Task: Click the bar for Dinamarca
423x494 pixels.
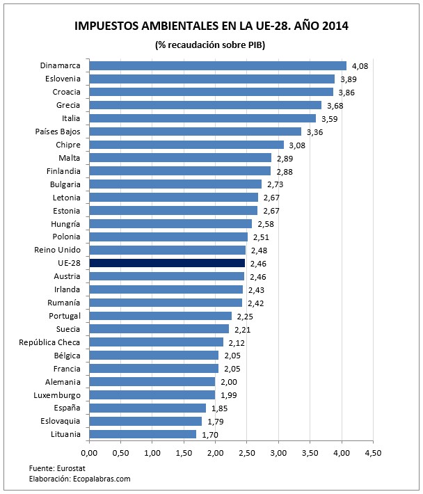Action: click(217, 65)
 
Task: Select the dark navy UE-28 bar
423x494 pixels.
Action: click(166, 263)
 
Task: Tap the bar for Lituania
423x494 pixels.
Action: click(143, 433)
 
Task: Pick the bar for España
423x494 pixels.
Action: click(147, 408)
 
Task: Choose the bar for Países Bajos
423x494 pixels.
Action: click(195, 132)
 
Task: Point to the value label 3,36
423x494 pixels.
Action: click(314, 132)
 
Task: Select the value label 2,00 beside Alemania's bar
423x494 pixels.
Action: click(229, 382)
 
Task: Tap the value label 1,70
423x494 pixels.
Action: click(209, 434)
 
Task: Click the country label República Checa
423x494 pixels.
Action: click(49, 342)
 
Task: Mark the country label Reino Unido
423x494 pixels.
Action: click(57, 250)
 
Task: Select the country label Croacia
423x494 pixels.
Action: click(66, 92)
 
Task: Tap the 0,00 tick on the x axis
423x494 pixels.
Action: click(89, 453)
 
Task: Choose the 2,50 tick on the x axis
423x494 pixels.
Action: click(246, 453)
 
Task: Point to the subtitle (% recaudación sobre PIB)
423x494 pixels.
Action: click(211, 45)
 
